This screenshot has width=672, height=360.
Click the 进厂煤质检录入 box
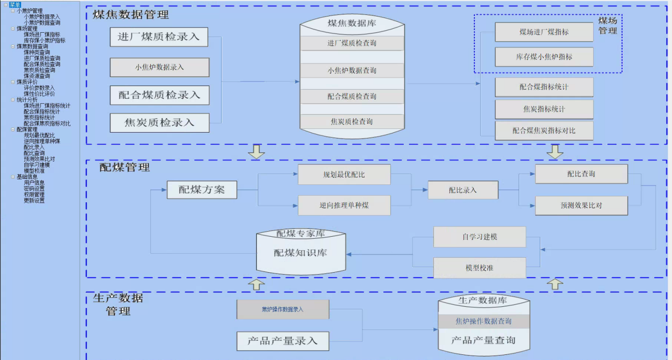(159, 37)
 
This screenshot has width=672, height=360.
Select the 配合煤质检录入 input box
(159, 95)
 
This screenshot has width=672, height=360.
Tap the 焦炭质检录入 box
(159, 123)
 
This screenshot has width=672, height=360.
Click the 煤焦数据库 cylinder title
(352, 23)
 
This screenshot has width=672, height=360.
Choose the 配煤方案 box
(202, 190)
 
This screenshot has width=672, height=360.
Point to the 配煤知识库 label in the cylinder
(300, 253)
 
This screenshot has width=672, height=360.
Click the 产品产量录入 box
(282, 341)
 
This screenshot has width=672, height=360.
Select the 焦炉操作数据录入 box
(282, 309)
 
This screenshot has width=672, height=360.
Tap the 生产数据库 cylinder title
(483, 300)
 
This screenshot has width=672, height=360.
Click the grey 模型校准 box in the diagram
(479, 268)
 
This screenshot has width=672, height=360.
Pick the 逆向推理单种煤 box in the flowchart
(344, 205)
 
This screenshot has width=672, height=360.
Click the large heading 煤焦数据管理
(131, 14)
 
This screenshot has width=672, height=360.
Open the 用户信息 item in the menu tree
(34, 183)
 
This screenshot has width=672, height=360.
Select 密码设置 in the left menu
(34, 189)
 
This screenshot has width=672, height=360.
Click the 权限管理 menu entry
(34, 195)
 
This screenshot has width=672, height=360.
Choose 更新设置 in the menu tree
(34, 200)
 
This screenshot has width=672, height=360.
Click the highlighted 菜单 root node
(15, 5)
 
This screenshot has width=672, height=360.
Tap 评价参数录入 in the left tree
(39, 88)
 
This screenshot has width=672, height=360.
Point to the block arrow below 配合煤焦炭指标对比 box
(555, 152)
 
